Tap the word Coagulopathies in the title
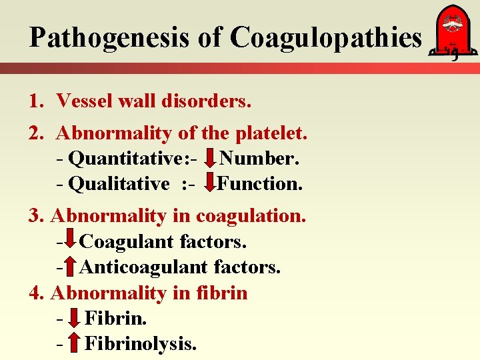coord(326,38)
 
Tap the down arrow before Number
coord(209,159)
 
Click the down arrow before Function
coord(209,183)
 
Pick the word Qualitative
coord(119,183)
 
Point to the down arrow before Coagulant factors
coord(70,241)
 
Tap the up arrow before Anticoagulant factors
coord(70,267)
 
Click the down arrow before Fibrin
coord(75,319)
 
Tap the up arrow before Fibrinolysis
coord(75,343)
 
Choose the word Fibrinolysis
coord(141,344)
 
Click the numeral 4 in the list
coord(35,293)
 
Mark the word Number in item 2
coord(259,159)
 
